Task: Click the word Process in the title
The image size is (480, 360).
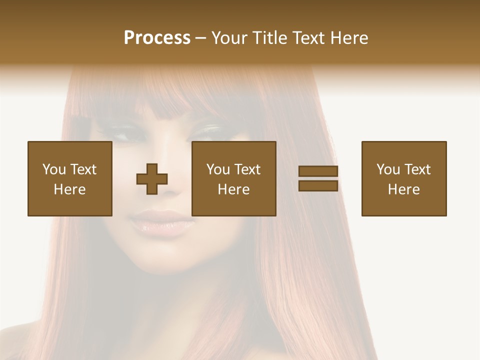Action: (157, 38)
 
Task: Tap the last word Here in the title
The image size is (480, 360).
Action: (349, 38)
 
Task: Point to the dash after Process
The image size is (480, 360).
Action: (200, 38)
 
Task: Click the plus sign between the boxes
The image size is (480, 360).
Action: (152, 179)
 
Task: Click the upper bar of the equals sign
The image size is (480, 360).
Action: (318, 171)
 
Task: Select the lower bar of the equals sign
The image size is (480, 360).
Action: (318, 186)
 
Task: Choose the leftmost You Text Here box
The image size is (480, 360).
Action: (70, 178)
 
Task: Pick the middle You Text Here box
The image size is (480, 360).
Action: (234, 178)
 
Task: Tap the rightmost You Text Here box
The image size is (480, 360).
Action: (404, 178)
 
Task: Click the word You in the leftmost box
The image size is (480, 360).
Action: (54, 169)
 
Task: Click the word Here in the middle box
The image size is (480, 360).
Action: (234, 189)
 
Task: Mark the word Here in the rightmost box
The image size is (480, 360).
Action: (404, 189)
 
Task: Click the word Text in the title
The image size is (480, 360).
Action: (308, 38)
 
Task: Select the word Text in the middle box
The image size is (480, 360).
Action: (247, 169)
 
